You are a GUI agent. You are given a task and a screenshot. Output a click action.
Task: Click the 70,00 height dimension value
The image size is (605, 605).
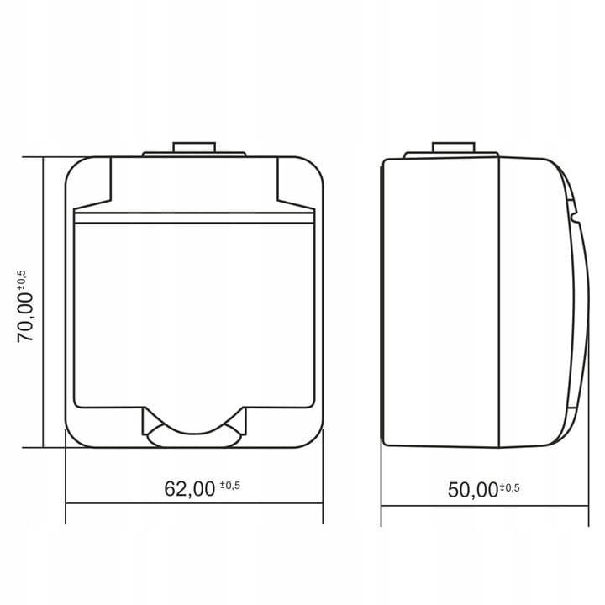point(25,317)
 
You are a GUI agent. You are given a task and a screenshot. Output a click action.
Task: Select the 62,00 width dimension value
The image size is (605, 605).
point(189,489)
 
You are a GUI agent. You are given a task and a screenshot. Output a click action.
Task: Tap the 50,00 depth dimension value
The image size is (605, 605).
point(473,490)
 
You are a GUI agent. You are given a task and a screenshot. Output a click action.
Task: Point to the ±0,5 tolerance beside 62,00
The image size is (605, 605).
point(230,485)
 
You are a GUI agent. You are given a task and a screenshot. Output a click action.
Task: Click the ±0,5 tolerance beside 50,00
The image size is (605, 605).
point(510,487)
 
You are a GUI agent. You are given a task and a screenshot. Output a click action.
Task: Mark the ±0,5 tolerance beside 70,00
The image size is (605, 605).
point(22,280)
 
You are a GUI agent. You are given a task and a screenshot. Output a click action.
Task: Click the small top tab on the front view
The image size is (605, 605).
point(194,147)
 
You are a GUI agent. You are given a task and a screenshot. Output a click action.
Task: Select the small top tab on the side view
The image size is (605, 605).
point(454,147)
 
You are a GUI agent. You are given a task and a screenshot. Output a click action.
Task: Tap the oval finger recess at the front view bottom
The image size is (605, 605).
point(194,436)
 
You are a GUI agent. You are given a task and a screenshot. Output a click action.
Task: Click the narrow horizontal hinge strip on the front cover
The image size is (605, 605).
point(194,218)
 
